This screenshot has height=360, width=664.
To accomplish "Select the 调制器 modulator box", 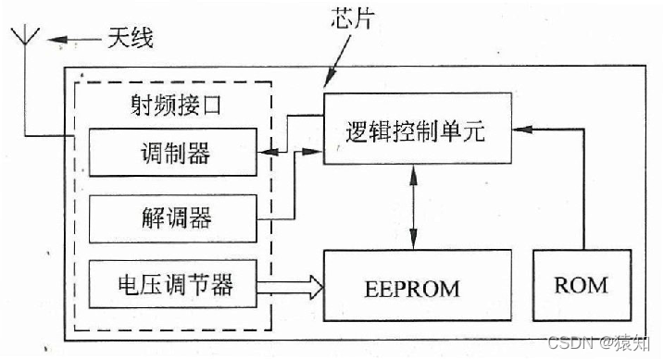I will (171, 152).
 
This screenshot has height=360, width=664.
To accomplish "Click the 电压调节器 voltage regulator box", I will (171, 284).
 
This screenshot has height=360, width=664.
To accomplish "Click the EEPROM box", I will (413, 288).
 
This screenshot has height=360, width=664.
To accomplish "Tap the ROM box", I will (581, 284).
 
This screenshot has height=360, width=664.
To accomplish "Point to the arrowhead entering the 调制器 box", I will (263, 152).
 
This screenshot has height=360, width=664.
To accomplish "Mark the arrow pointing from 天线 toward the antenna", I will (70, 39).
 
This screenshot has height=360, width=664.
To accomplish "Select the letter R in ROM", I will (561, 284).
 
